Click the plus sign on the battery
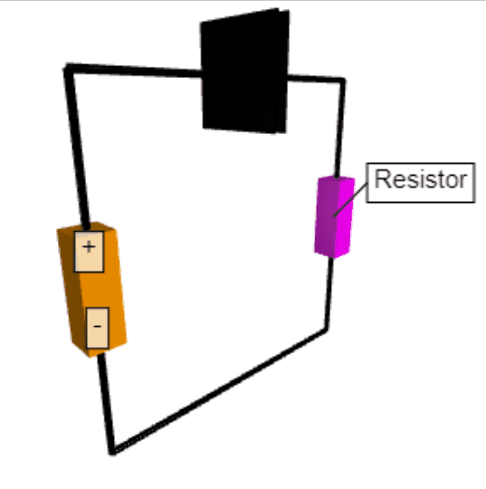point(89,247)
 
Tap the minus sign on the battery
point(97,326)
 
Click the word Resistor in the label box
point(421,179)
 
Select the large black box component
point(244,72)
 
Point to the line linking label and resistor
point(351,199)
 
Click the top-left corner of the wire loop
point(68,69)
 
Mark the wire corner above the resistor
point(342,81)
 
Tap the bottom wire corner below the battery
point(112,451)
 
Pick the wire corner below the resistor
point(326,330)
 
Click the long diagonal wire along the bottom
point(220,390)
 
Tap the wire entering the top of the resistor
point(339,129)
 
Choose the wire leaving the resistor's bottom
point(329,293)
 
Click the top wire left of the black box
point(134,71)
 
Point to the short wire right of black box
point(316,78)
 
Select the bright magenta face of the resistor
point(344,216)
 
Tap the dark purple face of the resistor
point(326,216)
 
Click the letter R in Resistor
point(382,179)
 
